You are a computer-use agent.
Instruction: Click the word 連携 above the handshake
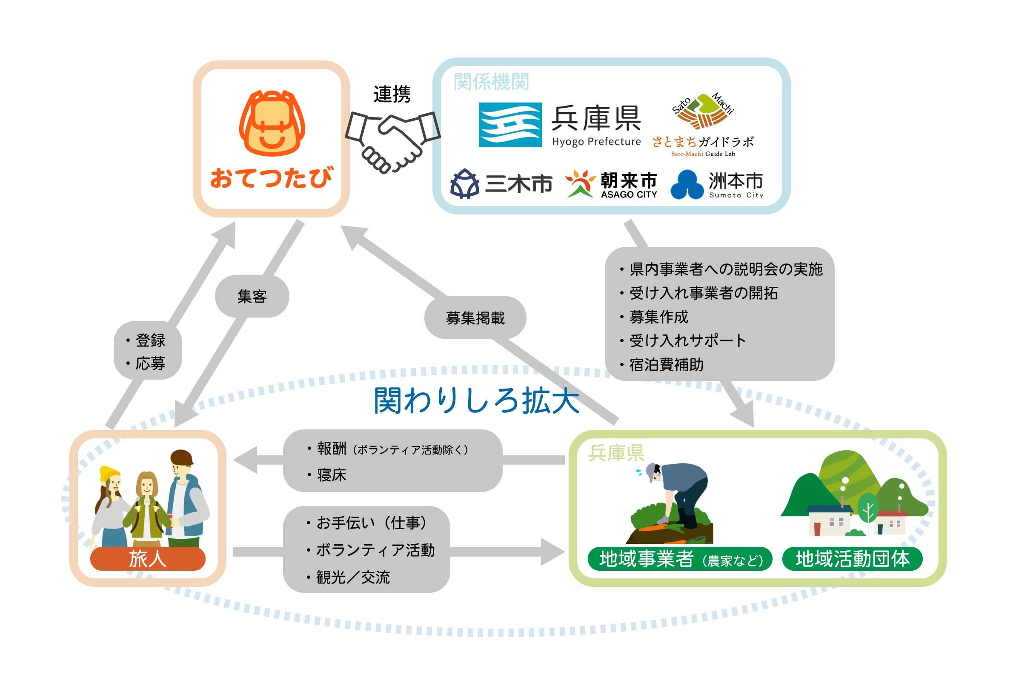[392, 94]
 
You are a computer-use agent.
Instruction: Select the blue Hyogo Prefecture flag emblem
[510, 125]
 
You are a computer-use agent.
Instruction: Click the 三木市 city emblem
[464, 184]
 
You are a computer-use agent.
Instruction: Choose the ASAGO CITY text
[629, 194]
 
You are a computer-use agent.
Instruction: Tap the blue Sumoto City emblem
[687, 185]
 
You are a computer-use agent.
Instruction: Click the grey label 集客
[252, 297]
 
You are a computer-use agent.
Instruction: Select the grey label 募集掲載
[475, 318]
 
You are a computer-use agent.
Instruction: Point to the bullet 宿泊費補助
[666, 365]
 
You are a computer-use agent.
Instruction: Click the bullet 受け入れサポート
[687, 340]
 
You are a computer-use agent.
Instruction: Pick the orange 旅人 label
[148, 559]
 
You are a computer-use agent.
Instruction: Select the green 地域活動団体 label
[852, 559]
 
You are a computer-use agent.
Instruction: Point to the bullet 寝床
[332, 475]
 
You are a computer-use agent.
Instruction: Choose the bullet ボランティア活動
[375, 550]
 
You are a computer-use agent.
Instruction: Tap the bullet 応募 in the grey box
[150, 363]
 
